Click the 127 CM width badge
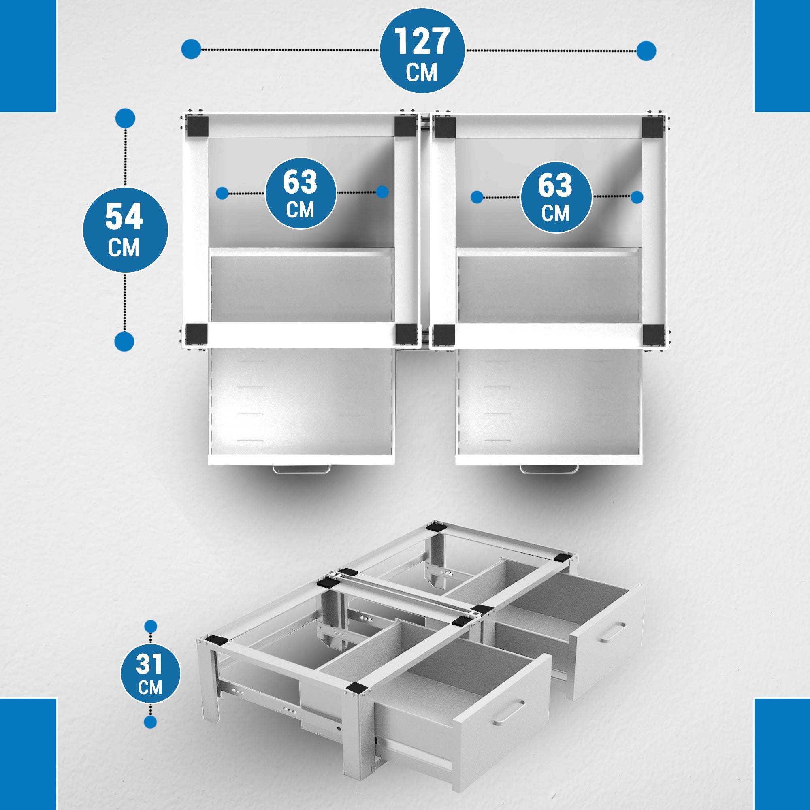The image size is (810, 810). [422, 51]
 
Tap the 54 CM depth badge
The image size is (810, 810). [124, 230]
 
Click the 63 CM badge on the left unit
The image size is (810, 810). [301, 193]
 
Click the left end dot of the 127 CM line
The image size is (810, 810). [191, 49]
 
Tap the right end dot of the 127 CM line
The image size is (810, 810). [646, 51]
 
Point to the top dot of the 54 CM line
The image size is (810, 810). [125, 119]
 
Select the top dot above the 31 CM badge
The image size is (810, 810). [151, 627]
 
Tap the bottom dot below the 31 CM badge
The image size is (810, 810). [150, 722]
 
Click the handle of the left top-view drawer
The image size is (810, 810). [301, 470]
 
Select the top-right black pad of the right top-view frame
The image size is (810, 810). [652, 128]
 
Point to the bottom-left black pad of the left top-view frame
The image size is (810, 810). [197, 334]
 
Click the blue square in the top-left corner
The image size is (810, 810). [28, 56]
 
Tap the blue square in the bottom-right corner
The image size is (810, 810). [782, 754]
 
